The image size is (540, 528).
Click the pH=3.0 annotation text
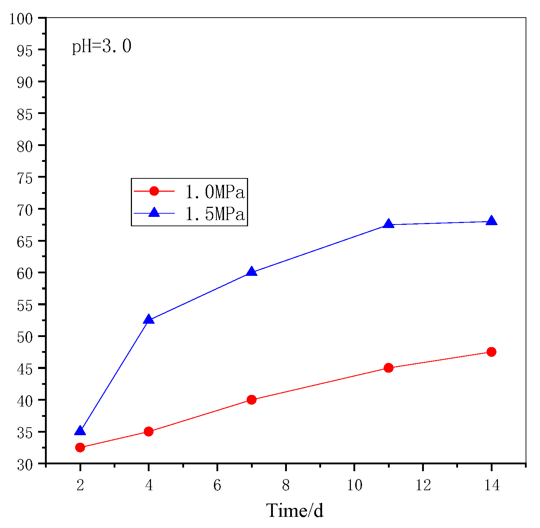pyautogui.click(x=102, y=47)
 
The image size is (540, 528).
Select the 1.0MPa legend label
pyautogui.click(x=215, y=192)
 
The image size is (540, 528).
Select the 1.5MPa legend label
pyautogui.click(x=215, y=214)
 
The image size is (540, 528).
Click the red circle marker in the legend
pyautogui.click(x=154, y=191)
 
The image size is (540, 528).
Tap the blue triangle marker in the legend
pyautogui.click(x=154, y=213)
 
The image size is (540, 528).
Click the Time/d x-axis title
pyautogui.click(x=295, y=510)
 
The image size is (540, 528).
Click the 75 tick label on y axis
pyautogui.click(x=25, y=177)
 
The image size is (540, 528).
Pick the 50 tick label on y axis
pyautogui.click(x=25, y=337)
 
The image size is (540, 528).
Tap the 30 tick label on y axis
pyautogui.click(x=25, y=464)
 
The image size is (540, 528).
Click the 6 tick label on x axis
pyautogui.click(x=217, y=486)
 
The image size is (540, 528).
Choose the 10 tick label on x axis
pyautogui.click(x=354, y=486)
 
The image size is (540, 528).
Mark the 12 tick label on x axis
pyautogui.click(x=423, y=486)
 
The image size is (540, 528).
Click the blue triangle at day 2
pyautogui.click(x=80, y=431)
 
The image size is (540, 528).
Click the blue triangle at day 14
pyautogui.click(x=491, y=221)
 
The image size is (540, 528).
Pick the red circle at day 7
pyautogui.click(x=252, y=400)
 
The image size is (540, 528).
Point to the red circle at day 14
pyautogui.click(x=491, y=352)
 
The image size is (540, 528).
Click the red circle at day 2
pyautogui.click(x=80, y=447)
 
